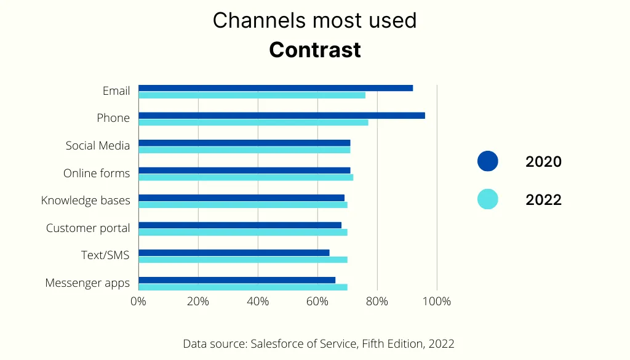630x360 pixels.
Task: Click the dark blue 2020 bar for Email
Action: (276, 88)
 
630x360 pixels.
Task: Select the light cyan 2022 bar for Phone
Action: (253, 122)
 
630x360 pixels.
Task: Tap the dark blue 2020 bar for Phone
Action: (281, 116)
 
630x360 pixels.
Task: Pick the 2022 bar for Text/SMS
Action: (242, 260)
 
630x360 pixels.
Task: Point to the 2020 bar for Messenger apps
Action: (237, 280)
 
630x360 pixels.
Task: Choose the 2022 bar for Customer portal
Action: (242, 233)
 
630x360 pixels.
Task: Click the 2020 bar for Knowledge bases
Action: (241, 198)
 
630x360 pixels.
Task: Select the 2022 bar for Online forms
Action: (245, 177)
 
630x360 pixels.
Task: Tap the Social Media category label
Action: (98, 146)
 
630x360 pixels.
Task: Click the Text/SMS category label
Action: (105, 255)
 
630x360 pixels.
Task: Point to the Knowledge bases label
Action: (86, 201)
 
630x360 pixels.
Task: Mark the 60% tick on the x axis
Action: (317, 302)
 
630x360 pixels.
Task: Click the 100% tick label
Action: (436, 302)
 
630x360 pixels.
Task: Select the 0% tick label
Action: (138, 302)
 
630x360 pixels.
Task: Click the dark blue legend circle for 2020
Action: (488, 161)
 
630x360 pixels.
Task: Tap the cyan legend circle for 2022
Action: (488, 199)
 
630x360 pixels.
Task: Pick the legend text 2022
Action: (543, 199)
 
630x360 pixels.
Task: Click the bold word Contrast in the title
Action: (314, 50)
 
